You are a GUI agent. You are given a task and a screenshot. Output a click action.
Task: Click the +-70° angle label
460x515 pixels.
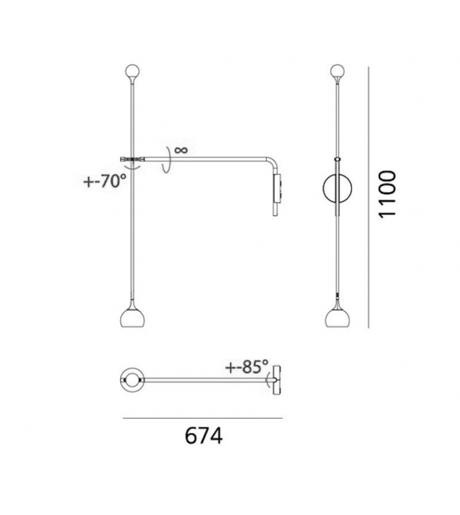click(x=105, y=180)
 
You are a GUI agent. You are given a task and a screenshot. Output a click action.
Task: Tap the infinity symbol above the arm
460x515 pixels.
click(x=180, y=149)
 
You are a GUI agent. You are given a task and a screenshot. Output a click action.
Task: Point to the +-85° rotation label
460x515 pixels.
click(x=248, y=367)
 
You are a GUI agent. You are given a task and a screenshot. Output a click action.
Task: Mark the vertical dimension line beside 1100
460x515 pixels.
click(x=367, y=197)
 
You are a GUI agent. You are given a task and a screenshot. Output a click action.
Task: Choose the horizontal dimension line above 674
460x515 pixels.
click(x=202, y=418)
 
